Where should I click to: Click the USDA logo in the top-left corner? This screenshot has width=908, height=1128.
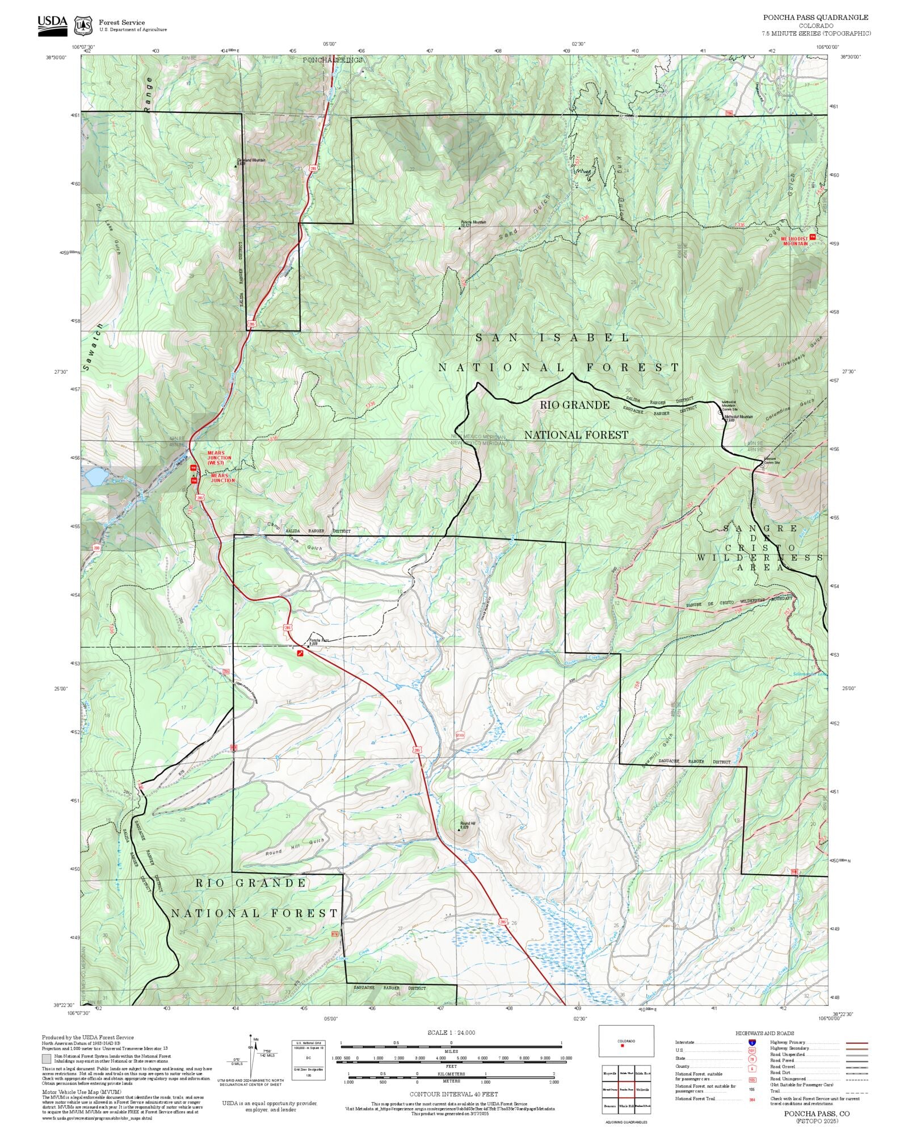[x=52, y=26]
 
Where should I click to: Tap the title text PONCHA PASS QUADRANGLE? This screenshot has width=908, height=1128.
[x=816, y=18]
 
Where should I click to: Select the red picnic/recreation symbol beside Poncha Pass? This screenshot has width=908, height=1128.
[x=300, y=654]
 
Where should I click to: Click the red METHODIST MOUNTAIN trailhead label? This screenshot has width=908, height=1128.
[x=794, y=241]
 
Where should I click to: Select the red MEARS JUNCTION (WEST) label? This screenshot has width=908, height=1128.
[x=219, y=457]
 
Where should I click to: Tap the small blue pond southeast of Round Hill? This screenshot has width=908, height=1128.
[x=472, y=858]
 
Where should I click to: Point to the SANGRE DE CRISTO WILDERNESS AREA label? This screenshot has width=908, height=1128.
[x=760, y=548]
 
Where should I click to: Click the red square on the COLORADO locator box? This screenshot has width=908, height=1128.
[x=623, y=1046]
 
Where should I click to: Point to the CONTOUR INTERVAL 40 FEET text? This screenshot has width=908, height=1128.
[x=453, y=1093]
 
